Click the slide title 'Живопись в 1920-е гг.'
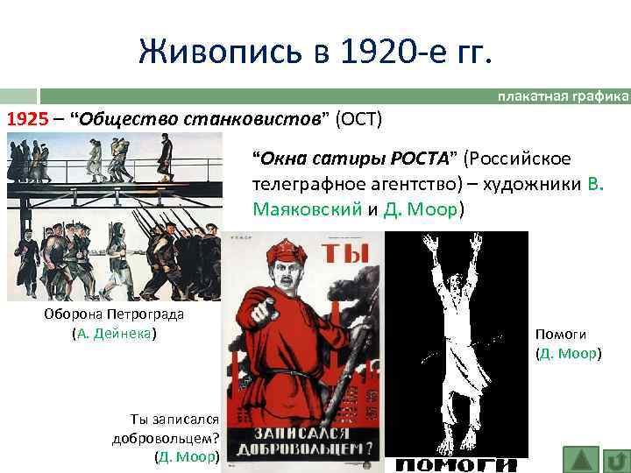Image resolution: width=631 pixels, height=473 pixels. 315,53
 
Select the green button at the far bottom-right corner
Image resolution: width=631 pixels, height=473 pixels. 617,459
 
